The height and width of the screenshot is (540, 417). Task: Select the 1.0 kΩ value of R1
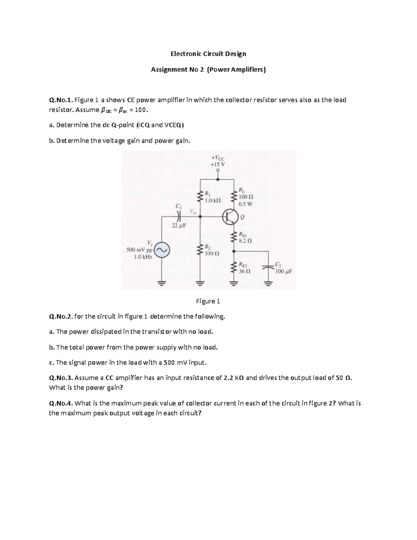tap(213, 201)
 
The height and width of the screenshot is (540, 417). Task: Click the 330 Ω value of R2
tap(212, 253)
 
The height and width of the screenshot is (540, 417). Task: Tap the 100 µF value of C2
tap(283, 271)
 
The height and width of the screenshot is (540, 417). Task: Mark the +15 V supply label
tap(218, 164)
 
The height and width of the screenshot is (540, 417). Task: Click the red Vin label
tap(193, 212)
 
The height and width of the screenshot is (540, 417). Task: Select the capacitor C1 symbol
tap(179, 216)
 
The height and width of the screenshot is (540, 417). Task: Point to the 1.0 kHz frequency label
tap(143, 257)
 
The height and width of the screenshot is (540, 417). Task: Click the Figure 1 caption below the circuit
tap(208, 301)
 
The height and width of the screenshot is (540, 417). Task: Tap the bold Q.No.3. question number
tap(61, 378)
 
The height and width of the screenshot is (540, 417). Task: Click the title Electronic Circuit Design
tap(208, 54)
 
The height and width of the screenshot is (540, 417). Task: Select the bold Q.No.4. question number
tap(61, 403)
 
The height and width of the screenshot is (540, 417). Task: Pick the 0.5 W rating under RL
tap(245, 204)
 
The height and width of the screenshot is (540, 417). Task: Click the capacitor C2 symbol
tap(268, 267)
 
